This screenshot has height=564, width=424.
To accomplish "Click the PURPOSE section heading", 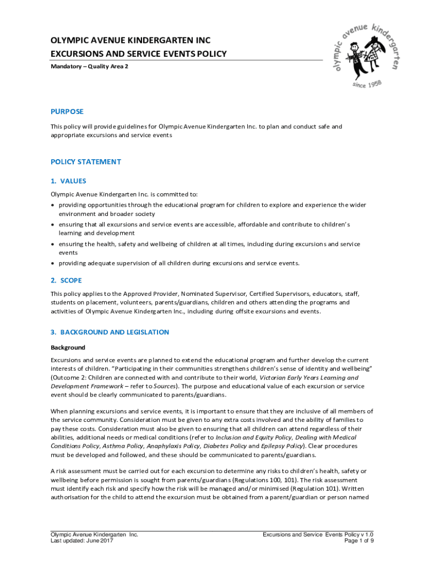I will (67, 111).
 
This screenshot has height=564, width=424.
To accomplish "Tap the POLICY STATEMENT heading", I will (86, 162).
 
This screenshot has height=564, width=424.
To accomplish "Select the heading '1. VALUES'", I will (68, 181).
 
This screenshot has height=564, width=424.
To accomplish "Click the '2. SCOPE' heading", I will (66, 280).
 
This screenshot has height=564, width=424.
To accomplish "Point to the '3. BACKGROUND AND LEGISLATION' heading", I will (110, 332).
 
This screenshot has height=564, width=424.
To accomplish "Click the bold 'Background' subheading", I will (68, 348).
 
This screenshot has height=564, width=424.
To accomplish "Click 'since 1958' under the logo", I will (367, 86).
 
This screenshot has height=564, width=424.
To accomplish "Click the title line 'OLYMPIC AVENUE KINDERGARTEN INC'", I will (131, 41).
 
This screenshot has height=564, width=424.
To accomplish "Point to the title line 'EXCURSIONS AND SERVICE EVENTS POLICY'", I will (138, 54).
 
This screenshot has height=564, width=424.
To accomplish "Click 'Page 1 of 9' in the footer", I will (358, 541).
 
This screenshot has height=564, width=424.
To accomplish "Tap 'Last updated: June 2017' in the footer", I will (82, 541).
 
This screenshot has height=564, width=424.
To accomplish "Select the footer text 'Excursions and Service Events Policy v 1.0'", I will (318, 534).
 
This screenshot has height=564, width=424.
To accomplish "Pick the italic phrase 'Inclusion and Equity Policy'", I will (258, 437).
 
